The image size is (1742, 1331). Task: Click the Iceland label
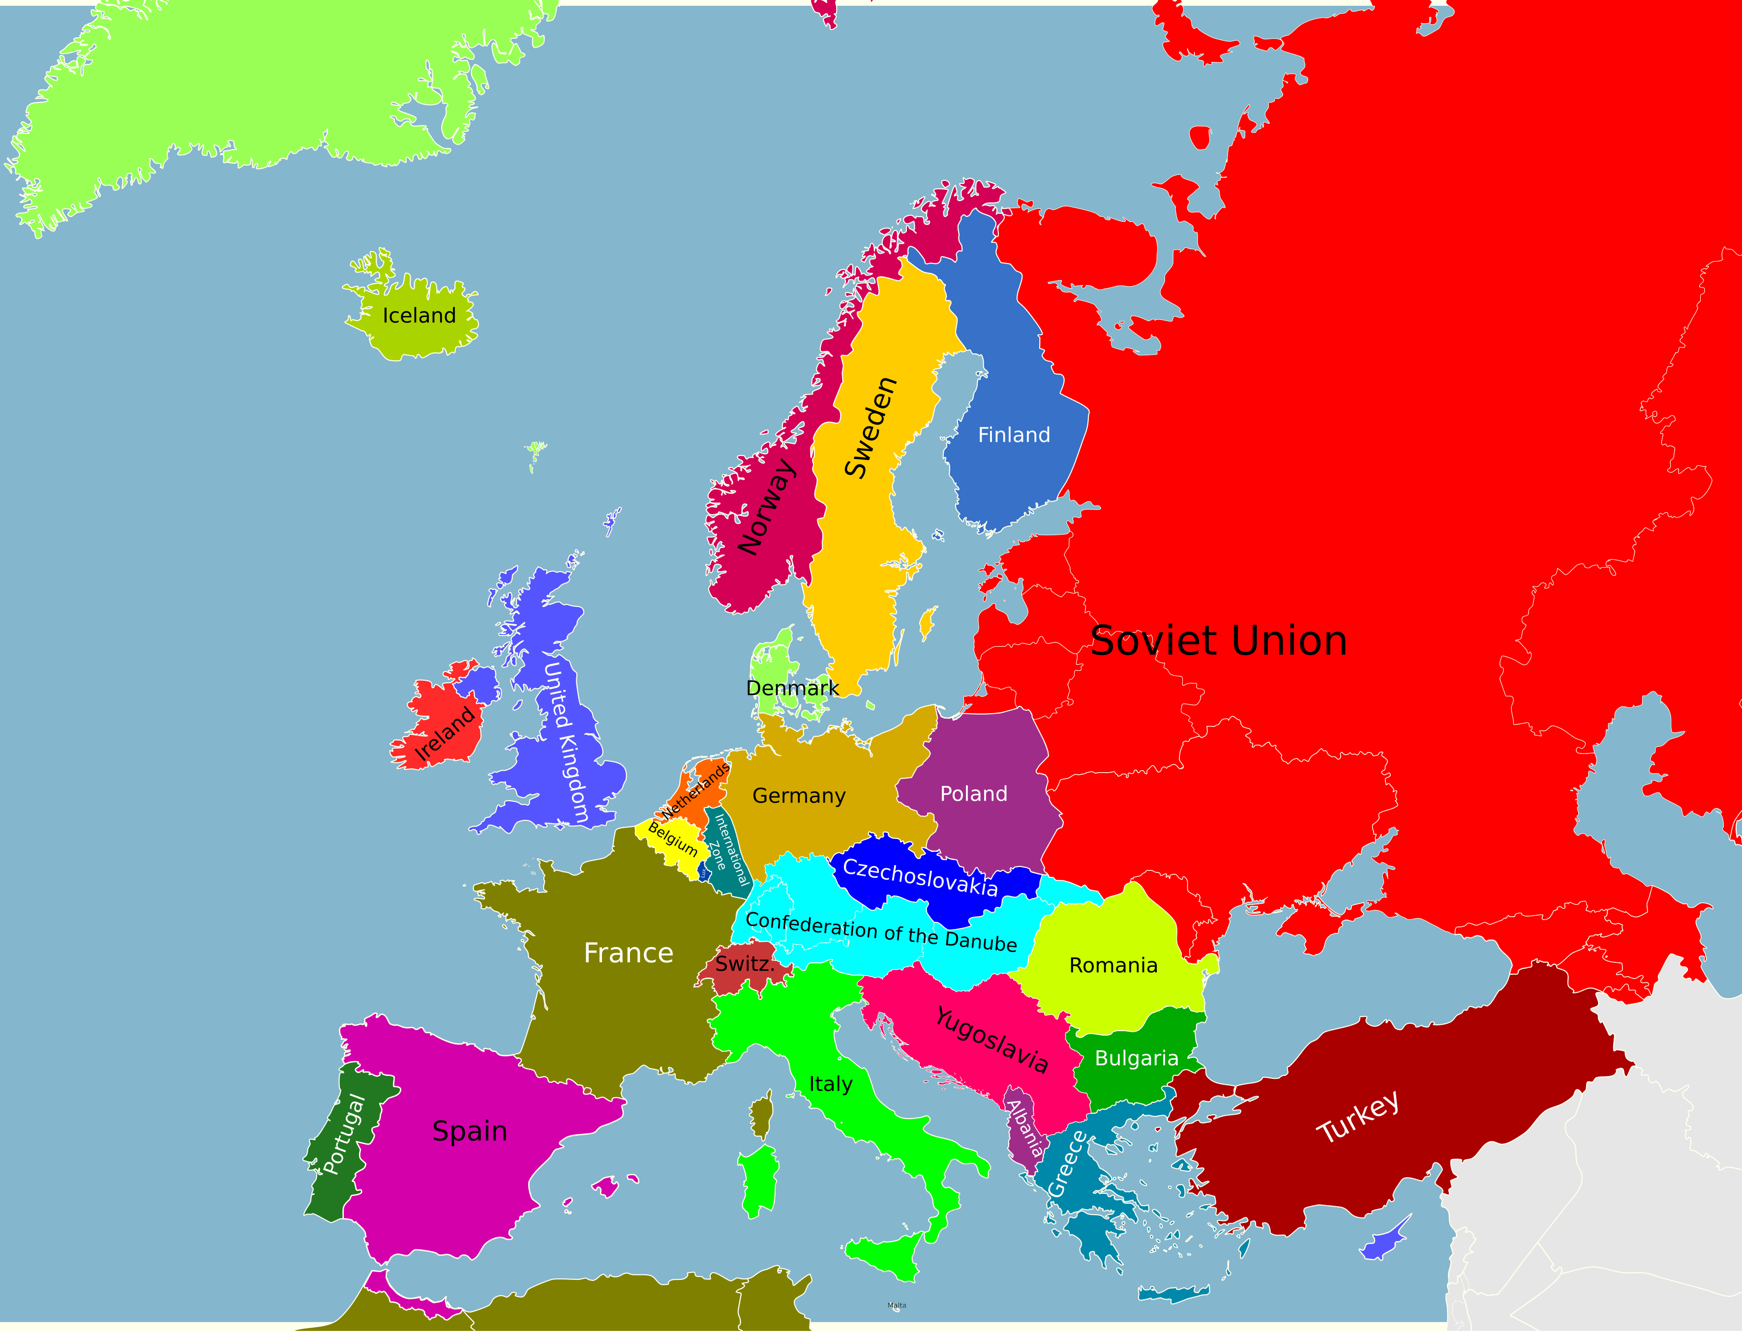(419, 316)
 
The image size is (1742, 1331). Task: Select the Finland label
(1014, 435)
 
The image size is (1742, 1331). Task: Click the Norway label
(766, 507)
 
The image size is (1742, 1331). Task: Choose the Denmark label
(792, 688)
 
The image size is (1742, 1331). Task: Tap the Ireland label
(446, 734)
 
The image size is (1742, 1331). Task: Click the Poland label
(973, 794)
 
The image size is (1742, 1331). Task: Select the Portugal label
(344, 1134)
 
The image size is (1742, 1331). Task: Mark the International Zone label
(727, 849)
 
